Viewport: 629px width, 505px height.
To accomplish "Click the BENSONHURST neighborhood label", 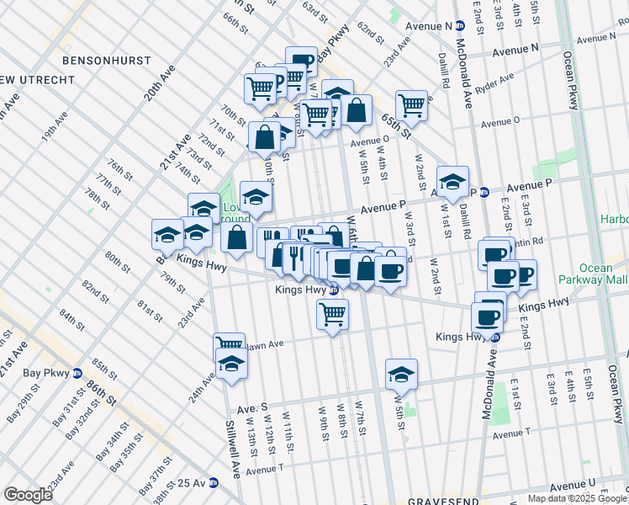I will (x=106, y=61).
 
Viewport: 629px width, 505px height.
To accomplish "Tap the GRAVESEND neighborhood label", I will (x=442, y=501).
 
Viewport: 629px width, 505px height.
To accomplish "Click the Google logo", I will (x=28, y=495).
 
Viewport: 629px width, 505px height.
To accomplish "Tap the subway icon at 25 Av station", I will (x=214, y=483).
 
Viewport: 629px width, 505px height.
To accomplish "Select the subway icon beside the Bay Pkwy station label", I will (x=77, y=373).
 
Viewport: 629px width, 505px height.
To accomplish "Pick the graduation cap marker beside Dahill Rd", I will (x=452, y=182).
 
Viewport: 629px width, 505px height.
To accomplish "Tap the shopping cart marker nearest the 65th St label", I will (x=411, y=105).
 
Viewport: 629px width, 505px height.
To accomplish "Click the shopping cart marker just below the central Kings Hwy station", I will (x=333, y=314).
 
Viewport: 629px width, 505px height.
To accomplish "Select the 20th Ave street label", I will (x=158, y=83).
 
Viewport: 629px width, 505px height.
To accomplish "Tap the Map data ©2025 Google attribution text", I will (x=576, y=498).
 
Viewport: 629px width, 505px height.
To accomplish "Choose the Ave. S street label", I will (x=251, y=407).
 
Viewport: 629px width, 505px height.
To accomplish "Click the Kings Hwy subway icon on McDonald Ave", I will (x=496, y=337).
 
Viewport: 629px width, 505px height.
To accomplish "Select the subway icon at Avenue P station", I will (x=484, y=192).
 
